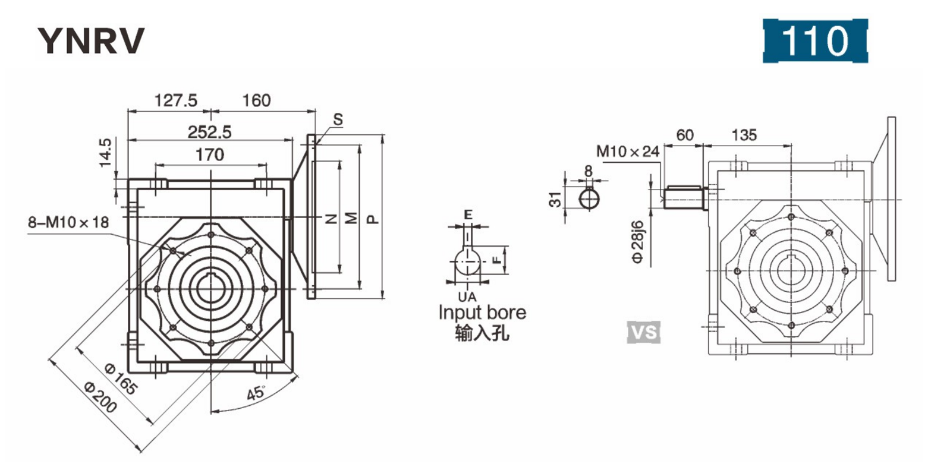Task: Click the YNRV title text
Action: pos(91,41)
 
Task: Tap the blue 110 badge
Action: pos(814,41)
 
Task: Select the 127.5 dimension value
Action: pos(175,100)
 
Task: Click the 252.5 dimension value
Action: pos(210,131)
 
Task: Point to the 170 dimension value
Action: pos(210,154)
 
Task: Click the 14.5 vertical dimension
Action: pos(105,152)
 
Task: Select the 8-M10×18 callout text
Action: pos(69,222)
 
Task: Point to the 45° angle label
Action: pos(257,393)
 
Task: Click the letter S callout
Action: pos(338,119)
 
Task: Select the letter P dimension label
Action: pos(372,219)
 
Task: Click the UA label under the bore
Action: pos(467,296)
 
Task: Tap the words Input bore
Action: pos(482,313)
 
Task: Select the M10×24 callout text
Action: pos(628,152)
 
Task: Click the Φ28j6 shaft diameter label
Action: pos(638,241)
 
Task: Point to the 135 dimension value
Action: pos(744,135)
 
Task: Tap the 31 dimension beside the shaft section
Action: pos(555,199)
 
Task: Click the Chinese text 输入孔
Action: pos(482,333)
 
